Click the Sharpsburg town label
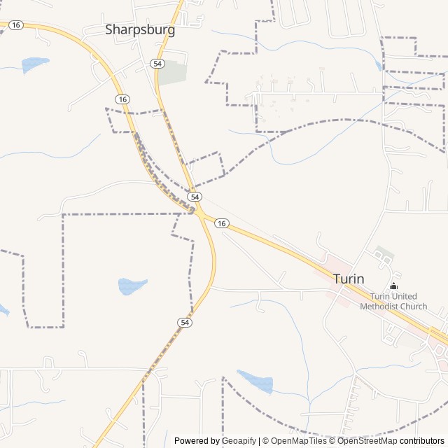point(140,29)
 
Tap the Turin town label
point(349,278)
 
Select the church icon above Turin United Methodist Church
point(393,286)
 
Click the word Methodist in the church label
point(384,306)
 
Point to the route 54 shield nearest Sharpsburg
point(157,63)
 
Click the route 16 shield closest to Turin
point(221,223)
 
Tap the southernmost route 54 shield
point(184,322)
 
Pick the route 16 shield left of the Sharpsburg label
point(15,24)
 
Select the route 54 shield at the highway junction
point(195,197)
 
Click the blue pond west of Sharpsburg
point(34,64)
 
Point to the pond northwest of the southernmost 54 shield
point(132,286)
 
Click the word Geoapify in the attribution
point(239,441)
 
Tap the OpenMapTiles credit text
point(299,441)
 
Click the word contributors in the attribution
point(422,441)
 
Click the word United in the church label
point(405,296)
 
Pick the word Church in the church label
point(414,306)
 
